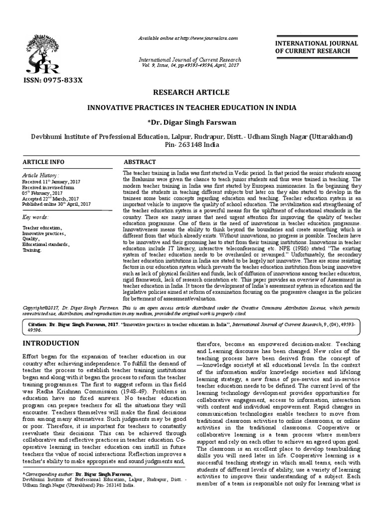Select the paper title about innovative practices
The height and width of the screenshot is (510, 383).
click(191, 108)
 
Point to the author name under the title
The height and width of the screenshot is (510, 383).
click(191, 122)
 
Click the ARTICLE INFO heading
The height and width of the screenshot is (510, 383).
click(44, 163)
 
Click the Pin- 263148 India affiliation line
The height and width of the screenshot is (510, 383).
click(191, 145)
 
